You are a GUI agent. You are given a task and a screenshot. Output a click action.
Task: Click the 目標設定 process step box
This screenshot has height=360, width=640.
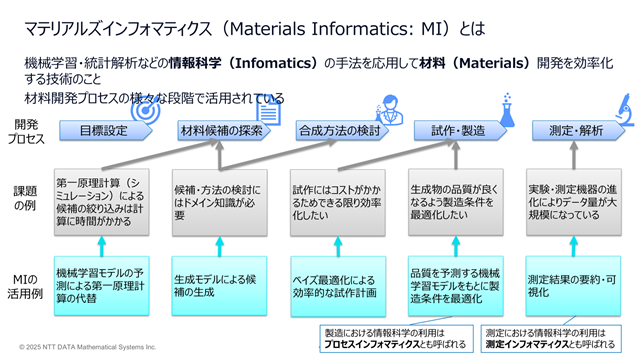106,131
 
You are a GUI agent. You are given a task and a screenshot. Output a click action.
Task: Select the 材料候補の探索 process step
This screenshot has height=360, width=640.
224,131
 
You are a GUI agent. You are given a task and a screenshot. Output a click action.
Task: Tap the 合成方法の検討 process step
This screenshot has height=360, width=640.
342,131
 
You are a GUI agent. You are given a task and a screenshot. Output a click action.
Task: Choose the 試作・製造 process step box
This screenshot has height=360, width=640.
460,131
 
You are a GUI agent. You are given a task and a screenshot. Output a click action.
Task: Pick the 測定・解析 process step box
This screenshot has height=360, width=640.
578,131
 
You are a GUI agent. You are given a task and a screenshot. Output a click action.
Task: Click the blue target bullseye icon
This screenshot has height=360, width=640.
145,109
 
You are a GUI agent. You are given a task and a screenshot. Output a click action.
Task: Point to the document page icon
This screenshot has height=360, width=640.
269,112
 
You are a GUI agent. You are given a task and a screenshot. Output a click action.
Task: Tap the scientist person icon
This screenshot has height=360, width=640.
389,109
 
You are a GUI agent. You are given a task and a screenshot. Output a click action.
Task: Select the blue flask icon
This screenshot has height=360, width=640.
507,110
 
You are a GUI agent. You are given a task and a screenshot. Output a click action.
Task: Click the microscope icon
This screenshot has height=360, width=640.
625,109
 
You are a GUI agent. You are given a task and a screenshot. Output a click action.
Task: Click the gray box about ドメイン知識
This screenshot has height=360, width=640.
220,202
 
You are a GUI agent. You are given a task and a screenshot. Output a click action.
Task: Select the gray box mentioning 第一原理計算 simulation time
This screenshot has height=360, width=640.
102,202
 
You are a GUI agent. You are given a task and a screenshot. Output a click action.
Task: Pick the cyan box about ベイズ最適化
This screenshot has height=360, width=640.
338,286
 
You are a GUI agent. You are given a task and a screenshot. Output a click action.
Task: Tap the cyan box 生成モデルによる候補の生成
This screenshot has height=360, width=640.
219,286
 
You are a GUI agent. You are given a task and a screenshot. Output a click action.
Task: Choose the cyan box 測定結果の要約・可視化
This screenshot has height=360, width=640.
573,286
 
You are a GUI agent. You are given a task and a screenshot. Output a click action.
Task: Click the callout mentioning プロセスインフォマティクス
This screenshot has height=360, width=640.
396,338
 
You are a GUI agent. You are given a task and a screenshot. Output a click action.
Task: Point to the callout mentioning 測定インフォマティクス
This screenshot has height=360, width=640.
551,338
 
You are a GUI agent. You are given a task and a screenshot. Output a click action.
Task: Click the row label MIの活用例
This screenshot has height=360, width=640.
25,286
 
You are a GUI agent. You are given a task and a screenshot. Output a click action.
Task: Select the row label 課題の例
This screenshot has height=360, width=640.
25,198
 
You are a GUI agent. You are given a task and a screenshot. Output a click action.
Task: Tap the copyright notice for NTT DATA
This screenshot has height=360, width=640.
88,347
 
